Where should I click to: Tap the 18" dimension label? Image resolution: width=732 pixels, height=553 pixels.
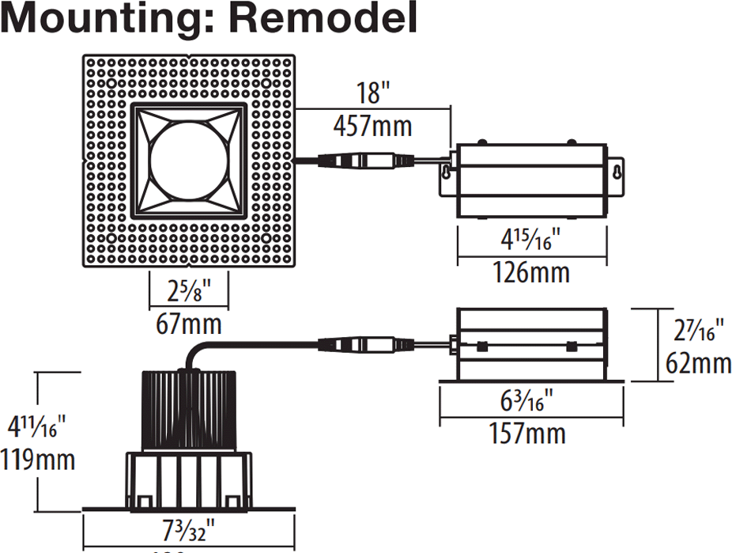point(371,93)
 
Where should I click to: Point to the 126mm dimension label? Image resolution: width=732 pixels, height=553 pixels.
point(530,273)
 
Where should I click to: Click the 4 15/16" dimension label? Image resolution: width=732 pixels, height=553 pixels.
point(530,239)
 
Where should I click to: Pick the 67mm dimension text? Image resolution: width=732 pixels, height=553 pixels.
point(189,324)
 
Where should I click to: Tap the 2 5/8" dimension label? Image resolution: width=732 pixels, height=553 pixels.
point(189,290)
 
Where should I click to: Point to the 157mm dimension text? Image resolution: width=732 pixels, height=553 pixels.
point(530,434)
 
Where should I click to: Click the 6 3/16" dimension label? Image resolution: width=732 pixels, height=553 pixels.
point(530,400)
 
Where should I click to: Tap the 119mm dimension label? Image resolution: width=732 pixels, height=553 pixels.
point(38,459)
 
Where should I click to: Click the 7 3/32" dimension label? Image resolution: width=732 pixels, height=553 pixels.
point(189,528)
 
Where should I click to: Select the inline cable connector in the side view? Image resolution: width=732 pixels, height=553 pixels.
point(365,345)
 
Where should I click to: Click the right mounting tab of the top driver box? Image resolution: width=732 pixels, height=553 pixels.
point(615,170)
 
